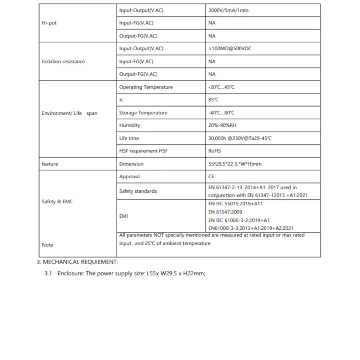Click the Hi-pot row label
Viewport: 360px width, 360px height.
point(49,23)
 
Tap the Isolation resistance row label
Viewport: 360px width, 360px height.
point(63,62)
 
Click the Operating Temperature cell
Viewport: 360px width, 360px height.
point(146,87)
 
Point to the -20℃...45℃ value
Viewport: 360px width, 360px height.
point(221,87)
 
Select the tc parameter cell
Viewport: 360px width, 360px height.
point(121,100)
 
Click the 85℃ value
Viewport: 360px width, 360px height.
point(213,100)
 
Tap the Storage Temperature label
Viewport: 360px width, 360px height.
point(143,113)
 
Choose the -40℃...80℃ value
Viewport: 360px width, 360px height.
point(221,113)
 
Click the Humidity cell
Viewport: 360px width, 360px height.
point(130,125)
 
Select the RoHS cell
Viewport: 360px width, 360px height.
point(215,151)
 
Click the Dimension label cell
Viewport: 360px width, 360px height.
point(131,164)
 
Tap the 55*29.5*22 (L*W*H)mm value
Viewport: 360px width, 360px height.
point(235,164)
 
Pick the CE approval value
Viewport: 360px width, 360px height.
point(212,176)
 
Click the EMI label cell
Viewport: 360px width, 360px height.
point(123,216)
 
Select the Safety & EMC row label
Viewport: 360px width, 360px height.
point(57,202)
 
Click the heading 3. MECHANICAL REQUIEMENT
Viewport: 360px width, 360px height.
point(77,262)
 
